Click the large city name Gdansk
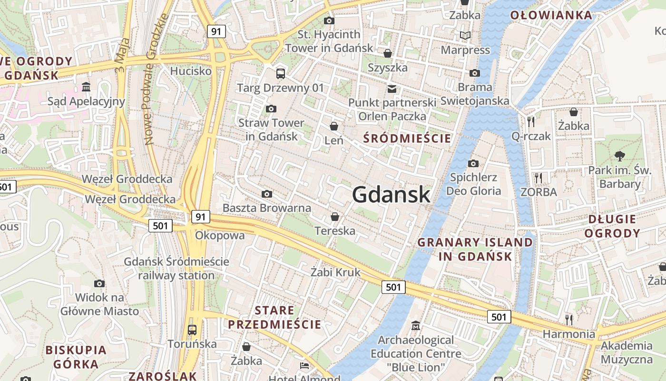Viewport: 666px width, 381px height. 391,195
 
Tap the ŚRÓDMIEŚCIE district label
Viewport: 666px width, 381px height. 407,139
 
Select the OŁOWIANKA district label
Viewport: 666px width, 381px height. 551,15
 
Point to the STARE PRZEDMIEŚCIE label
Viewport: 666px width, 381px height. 274,318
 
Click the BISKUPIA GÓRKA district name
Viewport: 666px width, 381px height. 76,357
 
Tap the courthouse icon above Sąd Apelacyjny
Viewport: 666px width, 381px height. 86,87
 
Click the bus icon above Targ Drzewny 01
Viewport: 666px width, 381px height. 281,74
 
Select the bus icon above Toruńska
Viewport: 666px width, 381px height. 192,330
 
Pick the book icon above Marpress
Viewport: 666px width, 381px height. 465,36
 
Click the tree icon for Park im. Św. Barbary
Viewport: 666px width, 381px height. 619,155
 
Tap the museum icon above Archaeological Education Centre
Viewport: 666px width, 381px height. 416,326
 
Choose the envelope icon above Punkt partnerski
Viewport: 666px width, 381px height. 392,89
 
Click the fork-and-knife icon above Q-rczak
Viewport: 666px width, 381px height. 531,121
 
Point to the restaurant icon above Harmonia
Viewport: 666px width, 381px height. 568,319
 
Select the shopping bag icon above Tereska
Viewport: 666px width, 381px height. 335,217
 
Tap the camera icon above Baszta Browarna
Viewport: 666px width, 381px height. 267,194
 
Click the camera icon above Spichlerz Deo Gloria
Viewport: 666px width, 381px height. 473,164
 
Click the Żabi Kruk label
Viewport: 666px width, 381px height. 335,272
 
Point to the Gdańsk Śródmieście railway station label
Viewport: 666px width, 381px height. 176,269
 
